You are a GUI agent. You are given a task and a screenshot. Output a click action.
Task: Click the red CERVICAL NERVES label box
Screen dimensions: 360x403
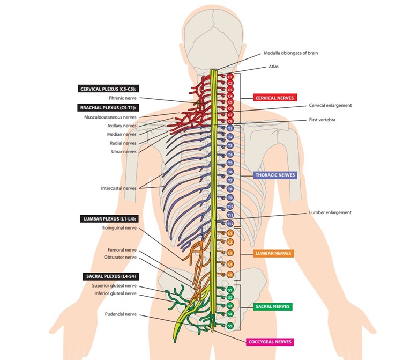point(275,98)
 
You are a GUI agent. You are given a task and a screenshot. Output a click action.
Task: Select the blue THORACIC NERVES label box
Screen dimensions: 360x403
point(275,175)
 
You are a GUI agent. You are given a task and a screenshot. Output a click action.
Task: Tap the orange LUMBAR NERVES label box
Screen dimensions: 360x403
point(274,253)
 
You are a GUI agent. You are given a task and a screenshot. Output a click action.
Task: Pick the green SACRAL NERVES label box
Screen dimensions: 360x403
point(273,307)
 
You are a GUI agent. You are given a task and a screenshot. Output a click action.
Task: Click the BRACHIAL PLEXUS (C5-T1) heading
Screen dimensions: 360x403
point(107,107)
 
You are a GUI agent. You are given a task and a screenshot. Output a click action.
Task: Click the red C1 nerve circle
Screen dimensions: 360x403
point(230,77)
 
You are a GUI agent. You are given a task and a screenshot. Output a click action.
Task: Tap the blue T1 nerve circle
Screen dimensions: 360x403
point(230,129)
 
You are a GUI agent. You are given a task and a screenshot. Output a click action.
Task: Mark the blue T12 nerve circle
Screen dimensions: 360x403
point(230,223)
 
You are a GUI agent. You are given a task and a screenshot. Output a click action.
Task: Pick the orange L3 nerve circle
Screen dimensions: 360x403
point(230,253)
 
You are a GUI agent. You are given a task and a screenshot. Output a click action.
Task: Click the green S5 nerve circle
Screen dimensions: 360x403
point(230,326)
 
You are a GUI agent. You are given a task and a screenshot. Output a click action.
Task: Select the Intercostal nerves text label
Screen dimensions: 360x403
point(118,188)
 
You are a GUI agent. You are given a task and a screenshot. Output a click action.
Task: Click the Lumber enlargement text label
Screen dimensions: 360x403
point(330,212)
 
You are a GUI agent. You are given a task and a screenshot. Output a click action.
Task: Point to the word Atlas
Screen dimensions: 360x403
point(273,67)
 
